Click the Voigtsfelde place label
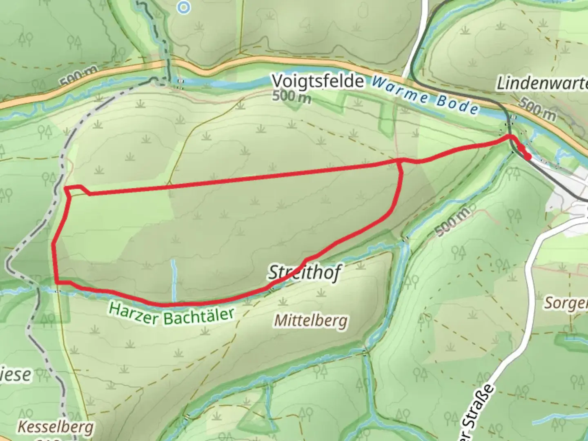point(318,81)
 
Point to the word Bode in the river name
point(457,105)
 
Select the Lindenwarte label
point(541,83)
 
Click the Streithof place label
point(304,272)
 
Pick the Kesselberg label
point(55,427)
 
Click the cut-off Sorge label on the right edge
point(566,303)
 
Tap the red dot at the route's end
point(527,157)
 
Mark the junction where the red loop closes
point(400,161)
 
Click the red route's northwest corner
point(66,188)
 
